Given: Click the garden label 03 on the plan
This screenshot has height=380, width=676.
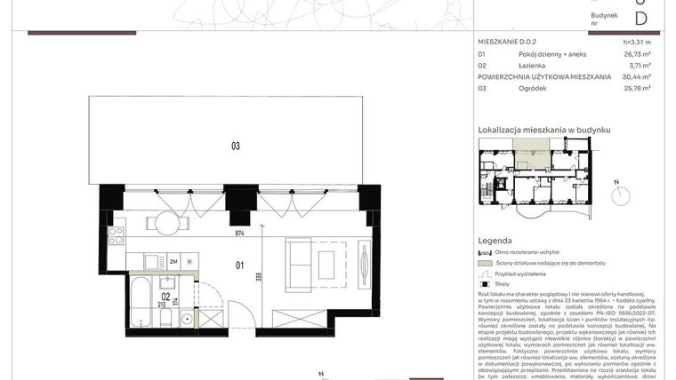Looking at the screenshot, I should click(236, 146).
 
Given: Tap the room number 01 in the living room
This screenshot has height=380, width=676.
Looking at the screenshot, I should click(239, 264).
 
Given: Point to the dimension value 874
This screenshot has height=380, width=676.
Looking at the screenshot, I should click(239, 234).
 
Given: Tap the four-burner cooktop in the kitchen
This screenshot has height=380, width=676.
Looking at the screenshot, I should click(116, 236).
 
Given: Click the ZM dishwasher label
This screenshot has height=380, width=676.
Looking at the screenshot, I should click(173, 262).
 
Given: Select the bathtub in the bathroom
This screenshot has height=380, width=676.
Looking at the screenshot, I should click(141, 302).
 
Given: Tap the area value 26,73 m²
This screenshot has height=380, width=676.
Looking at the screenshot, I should click(637, 54).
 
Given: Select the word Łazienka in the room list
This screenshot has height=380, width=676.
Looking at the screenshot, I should click(533, 66).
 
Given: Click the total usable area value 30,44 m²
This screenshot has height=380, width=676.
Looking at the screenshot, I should click(635, 77).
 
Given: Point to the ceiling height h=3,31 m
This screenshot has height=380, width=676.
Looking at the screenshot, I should click(637, 42).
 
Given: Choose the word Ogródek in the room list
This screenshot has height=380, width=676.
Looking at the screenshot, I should click(533, 89).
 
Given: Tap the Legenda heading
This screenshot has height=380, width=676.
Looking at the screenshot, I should click(495, 241).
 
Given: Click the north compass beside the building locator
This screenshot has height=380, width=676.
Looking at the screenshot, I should click(616, 189).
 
